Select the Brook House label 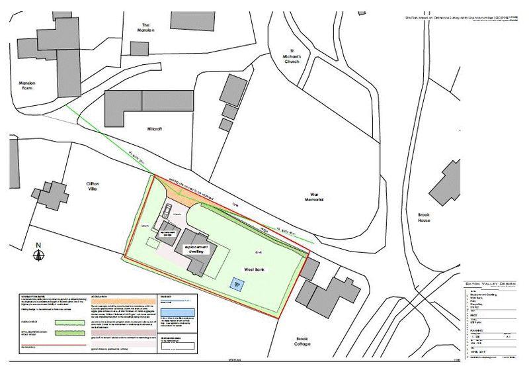(x=424, y=218)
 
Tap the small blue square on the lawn (x=237, y=283)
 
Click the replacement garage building (x=168, y=233)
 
